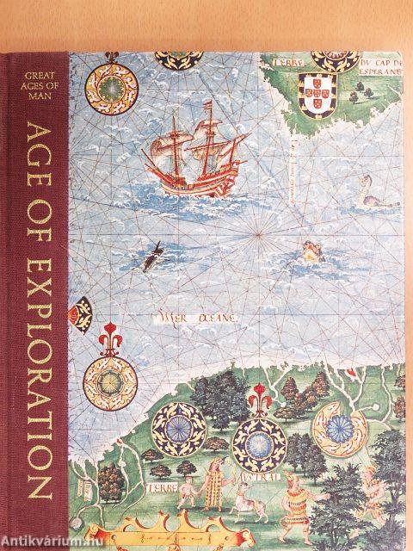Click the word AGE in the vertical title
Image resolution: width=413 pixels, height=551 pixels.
[35, 155]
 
